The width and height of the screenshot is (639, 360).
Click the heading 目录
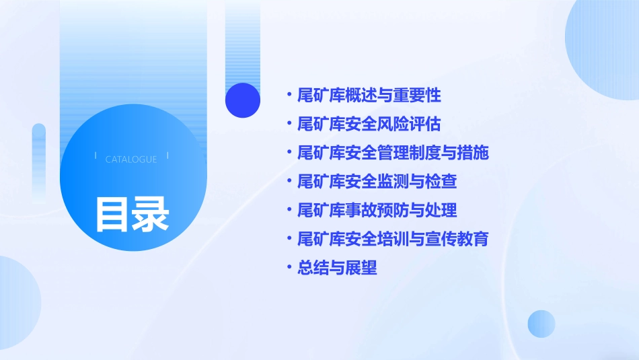coord(132,215)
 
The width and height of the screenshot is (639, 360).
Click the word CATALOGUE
coord(131,159)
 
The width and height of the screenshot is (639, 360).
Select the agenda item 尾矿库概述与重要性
coord(369,95)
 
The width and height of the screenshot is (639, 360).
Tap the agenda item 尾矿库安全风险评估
coord(369,124)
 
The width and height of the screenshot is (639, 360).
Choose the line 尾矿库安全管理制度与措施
coord(393,153)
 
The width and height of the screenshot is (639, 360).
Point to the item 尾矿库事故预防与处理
coord(377,210)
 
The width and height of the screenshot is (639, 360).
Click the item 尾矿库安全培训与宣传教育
coord(393,239)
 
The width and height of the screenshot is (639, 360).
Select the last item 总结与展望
coord(337,268)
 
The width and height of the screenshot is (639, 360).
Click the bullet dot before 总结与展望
coord(289,268)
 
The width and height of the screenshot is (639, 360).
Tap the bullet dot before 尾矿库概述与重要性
coord(289,95)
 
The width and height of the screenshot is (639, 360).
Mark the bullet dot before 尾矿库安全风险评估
coord(289,124)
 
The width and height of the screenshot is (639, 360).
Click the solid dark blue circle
coord(243,100)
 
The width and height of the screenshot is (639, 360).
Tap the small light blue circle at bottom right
coord(541,324)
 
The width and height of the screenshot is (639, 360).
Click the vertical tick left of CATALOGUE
coord(96,155)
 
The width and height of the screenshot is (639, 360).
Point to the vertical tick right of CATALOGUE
coord(167,155)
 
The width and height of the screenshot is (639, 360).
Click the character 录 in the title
coord(151,215)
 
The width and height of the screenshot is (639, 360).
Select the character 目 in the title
coord(112,215)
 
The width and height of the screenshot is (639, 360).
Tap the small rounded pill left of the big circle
coord(39,161)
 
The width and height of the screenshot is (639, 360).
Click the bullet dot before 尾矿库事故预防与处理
coord(289,210)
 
